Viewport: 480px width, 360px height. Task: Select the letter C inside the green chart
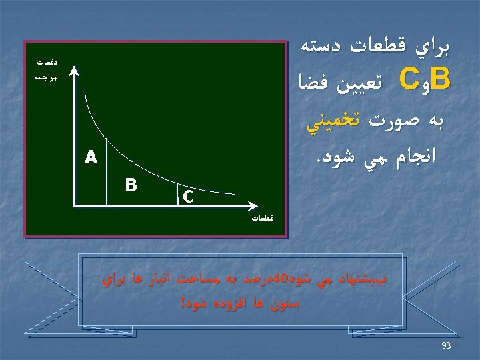coord(189,196)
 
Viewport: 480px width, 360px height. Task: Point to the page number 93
coord(446,345)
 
